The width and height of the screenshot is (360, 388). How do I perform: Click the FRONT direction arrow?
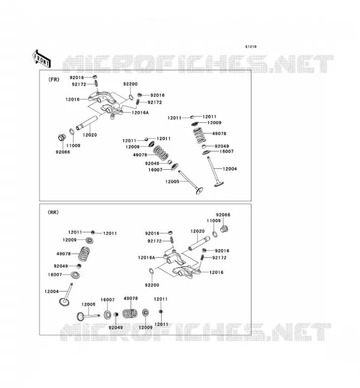pos(42,59)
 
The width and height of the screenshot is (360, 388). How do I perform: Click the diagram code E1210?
pos(251,47)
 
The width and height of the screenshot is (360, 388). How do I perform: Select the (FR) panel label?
pos(54,80)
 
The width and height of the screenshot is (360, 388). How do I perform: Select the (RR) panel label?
pos(53,212)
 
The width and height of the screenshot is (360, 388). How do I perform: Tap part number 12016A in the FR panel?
pos(140,113)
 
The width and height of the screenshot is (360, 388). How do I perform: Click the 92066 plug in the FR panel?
pos(62,137)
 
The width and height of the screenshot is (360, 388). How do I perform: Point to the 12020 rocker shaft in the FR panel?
pos(87,123)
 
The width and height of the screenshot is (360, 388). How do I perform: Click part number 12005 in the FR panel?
pos(172,181)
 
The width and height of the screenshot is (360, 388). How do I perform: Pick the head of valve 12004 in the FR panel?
pos(219,184)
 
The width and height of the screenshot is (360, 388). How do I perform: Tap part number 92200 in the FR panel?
pos(130,84)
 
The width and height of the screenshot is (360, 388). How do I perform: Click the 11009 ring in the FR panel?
pos(71,132)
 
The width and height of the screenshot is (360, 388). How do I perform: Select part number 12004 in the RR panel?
pos(51,291)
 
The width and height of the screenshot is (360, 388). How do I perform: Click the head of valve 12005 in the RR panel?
pos(80,317)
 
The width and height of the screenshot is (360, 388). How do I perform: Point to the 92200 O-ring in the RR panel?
pos(152,272)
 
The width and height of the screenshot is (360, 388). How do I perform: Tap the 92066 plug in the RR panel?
pos(224,229)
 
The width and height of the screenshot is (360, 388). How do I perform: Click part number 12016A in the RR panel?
pos(147,258)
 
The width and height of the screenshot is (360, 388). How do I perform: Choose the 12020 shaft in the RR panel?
pos(199,243)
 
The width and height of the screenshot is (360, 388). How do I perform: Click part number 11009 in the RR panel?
pos(213,221)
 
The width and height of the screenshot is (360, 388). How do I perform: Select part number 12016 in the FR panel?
pos(73,99)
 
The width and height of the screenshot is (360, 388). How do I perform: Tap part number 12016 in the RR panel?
pos(216,272)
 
